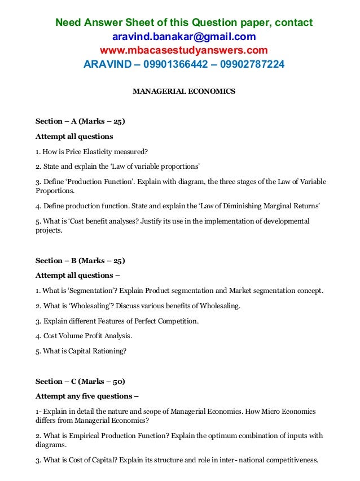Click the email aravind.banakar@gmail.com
click(184, 37)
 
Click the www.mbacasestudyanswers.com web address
click(184, 50)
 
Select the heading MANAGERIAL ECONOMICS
click(184, 91)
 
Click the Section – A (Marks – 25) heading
click(80, 121)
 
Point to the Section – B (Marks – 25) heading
click(80, 261)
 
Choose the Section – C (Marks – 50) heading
click(80, 381)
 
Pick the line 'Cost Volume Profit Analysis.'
click(84, 336)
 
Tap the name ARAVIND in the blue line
click(104, 64)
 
